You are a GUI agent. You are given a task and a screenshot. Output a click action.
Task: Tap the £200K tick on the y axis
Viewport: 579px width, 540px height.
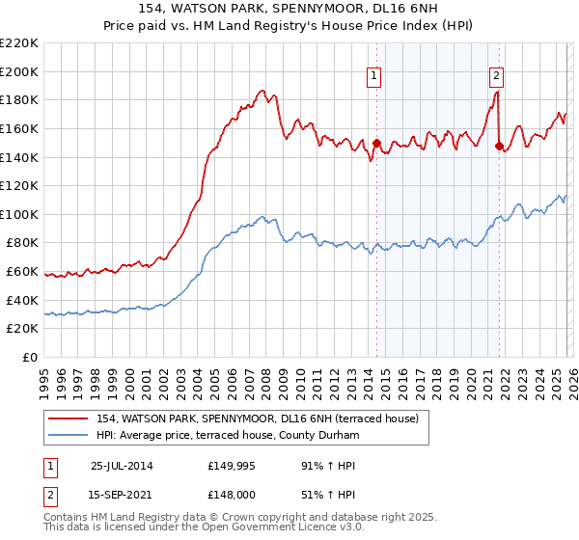[x=19, y=71]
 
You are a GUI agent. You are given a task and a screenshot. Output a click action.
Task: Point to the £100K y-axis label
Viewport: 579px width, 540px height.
[x=19, y=214]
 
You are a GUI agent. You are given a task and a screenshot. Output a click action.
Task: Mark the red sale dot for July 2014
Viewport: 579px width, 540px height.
[x=376, y=144]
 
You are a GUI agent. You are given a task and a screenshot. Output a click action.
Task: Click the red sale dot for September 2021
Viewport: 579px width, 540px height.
[x=499, y=146]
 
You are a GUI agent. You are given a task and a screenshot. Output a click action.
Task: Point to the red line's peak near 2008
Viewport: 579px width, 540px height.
[x=262, y=90]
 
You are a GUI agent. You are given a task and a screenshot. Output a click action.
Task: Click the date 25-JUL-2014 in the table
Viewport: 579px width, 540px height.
[x=123, y=466]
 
